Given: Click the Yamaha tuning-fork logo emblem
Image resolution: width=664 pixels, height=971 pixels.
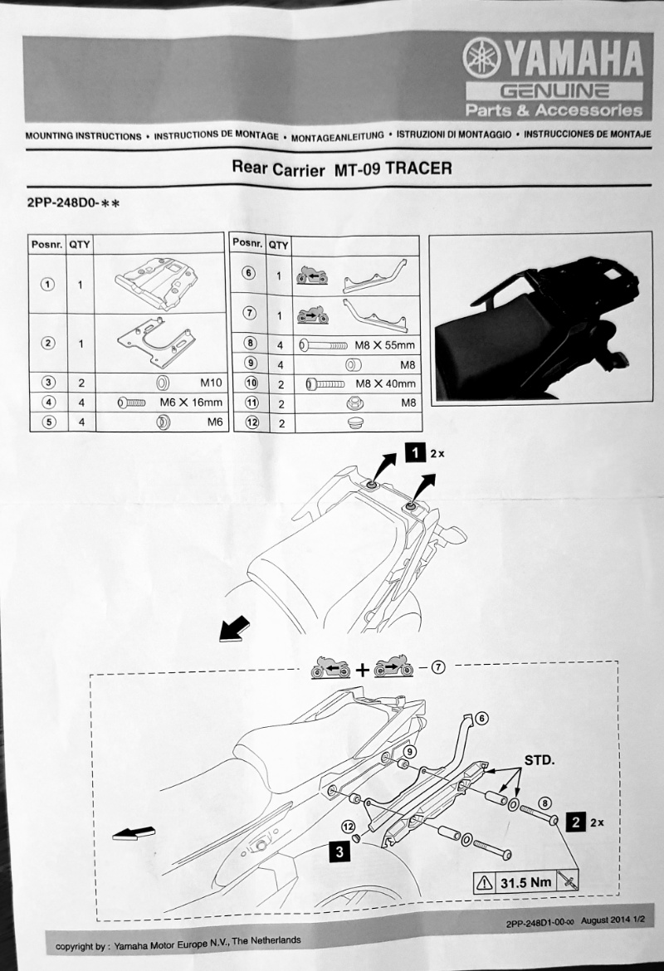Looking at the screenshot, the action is pyautogui.click(x=481, y=57).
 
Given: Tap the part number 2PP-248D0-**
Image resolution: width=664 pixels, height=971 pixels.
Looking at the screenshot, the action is pyautogui.click(x=73, y=203).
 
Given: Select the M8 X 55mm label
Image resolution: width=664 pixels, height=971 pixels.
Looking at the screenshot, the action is pyautogui.click(x=384, y=345).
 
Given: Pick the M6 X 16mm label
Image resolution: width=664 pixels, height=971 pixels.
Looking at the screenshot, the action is pyautogui.click(x=191, y=403).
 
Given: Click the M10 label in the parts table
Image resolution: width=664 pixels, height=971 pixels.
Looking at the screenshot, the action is pyautogui.click(x=211, y=383).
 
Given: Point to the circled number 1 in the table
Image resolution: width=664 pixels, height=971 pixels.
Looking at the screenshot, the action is pyautogui.click(x=47, y=284).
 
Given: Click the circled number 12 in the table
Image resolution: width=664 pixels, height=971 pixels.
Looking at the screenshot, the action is pyautogui.click(x=251, y=423).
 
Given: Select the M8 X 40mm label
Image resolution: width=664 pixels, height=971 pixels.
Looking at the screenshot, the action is pyautogui.click(x=385, y=384).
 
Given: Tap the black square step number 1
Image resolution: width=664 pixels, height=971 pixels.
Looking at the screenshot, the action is pyautogui.click(x=415, y=452).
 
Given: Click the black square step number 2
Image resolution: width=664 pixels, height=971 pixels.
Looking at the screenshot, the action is pyautogui.click(x=576, y=822).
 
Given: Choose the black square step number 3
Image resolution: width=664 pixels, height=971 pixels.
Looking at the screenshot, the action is pyautogui.click(x=339, y=852).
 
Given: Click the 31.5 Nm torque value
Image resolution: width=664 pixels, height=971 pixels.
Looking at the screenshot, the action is pyautogui.click(x=526, y=882).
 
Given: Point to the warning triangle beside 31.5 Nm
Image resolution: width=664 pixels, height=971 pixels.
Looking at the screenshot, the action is pyautogui.click(x=485, y=882).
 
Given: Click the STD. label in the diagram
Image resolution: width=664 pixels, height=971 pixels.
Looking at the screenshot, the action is pyautogui.click(x=539, y=760).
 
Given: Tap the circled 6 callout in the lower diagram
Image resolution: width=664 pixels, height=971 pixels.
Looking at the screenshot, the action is pyautogui.click(x=481, y=719).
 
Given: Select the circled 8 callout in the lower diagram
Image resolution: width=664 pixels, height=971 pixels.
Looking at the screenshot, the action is pyautogui.click(x=545, y=803).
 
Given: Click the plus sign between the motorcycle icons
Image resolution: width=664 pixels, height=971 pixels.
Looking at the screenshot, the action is pyautogui.click(x=363, y=670).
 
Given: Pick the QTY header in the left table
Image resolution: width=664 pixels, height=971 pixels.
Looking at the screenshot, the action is pyautogui.click(x=80, y=245).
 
